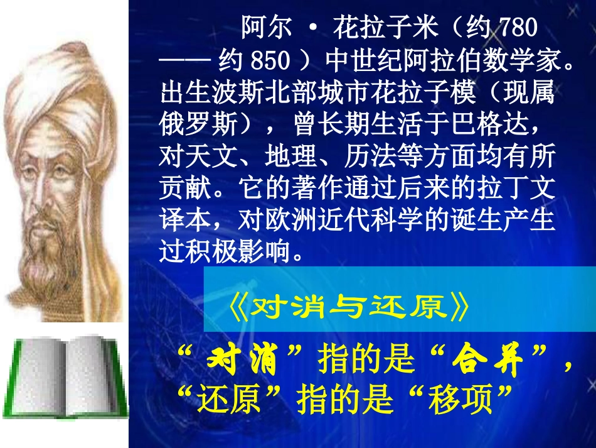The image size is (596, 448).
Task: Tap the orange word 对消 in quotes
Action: (243, 361)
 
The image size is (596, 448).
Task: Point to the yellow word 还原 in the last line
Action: (230, 400)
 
